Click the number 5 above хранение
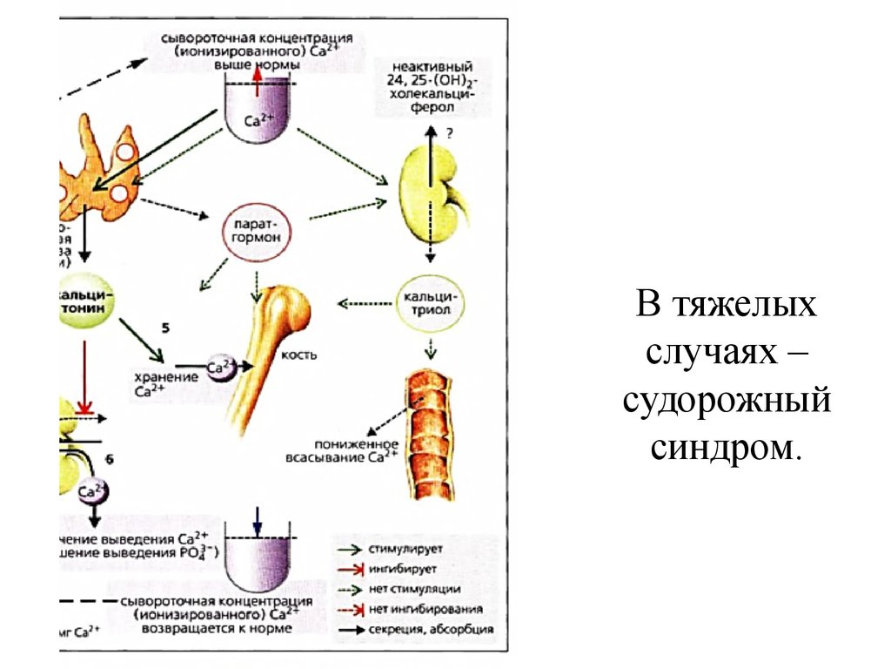(x=164, y=328)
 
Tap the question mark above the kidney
(x=450, y=133)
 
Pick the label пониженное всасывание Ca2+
(x=342, y=449)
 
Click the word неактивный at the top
(x=432, y=67)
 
